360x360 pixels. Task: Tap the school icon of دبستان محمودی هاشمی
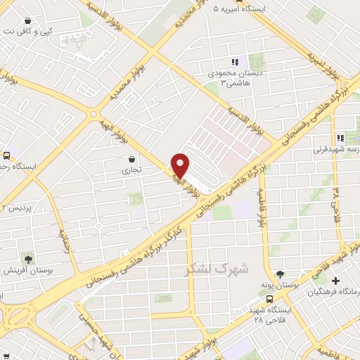[x=235, y=62]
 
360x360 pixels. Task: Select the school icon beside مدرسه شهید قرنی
[x=340, y=138]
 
